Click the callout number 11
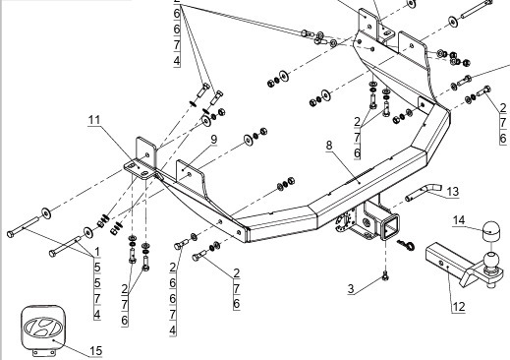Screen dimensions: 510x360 94,120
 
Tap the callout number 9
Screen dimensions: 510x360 213,140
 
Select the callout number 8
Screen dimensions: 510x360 329,145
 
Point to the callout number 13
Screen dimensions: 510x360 453,192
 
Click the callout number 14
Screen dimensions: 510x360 459,220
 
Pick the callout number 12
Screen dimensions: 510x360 459,307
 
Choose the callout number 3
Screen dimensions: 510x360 351,288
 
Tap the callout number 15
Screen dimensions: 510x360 96,350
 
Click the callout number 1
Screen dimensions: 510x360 97,252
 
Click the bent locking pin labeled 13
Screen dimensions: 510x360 424,193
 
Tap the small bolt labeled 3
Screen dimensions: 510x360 385,277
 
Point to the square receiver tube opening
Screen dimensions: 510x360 390,226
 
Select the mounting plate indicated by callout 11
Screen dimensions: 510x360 140,168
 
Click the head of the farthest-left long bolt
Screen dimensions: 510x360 10,234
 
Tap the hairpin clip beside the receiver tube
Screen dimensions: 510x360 406,244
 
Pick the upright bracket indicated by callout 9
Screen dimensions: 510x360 190,175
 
